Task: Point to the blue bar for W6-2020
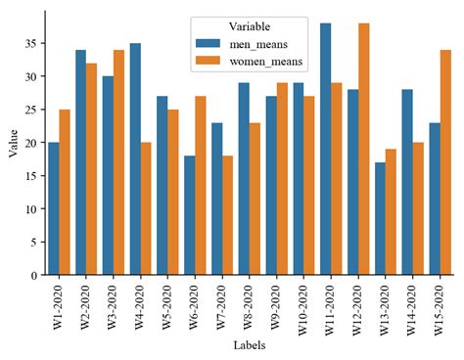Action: pos(190,215)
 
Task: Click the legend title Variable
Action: pos(250,25)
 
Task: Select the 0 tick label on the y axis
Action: pos(34,275)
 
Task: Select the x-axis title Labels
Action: pos(249,345)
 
